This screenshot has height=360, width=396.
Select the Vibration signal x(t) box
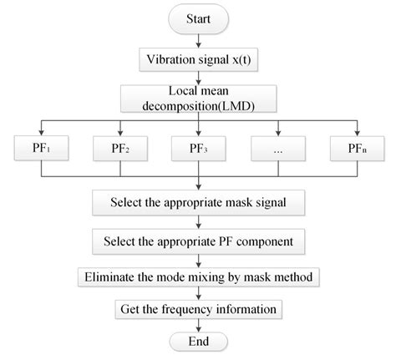point(198,60)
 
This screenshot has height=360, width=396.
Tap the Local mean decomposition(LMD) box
point(198,98)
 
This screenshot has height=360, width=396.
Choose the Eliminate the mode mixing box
point(198,276)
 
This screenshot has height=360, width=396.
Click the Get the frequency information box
point(198,310)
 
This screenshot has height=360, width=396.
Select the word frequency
point(192,310)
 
